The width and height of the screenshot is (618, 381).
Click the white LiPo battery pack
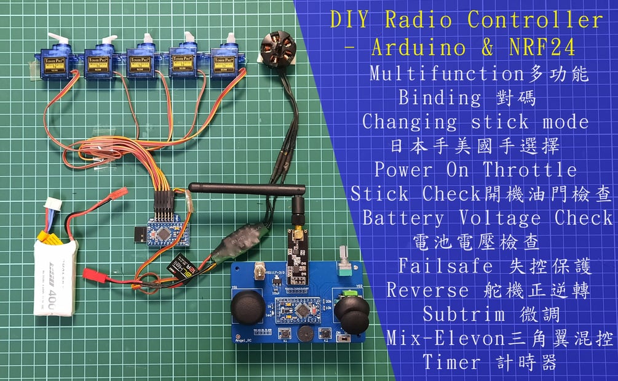point(56,277)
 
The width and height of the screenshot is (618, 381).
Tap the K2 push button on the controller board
point(325,334)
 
